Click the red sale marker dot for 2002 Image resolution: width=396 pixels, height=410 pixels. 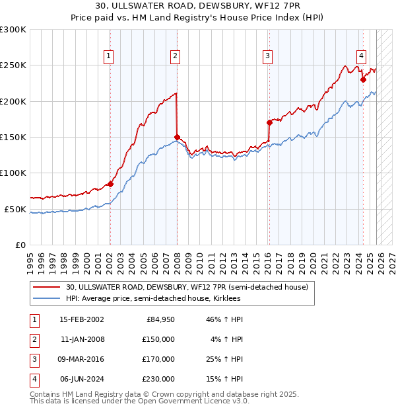point(110,184)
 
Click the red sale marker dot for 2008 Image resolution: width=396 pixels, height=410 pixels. point(176,138)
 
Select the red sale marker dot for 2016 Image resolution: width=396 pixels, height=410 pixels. point(269,122)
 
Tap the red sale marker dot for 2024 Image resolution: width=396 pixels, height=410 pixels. point(363,79)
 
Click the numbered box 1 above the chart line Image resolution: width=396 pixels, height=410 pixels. point(108,56)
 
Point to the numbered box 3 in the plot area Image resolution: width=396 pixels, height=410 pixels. point(268,56)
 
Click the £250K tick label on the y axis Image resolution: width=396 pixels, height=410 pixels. point(13,65)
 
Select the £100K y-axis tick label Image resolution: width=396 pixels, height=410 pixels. point(13,173)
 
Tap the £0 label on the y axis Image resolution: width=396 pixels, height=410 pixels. point(19,245)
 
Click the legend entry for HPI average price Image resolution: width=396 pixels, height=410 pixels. point(153,299)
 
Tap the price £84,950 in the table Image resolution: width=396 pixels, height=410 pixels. point(160,319)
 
